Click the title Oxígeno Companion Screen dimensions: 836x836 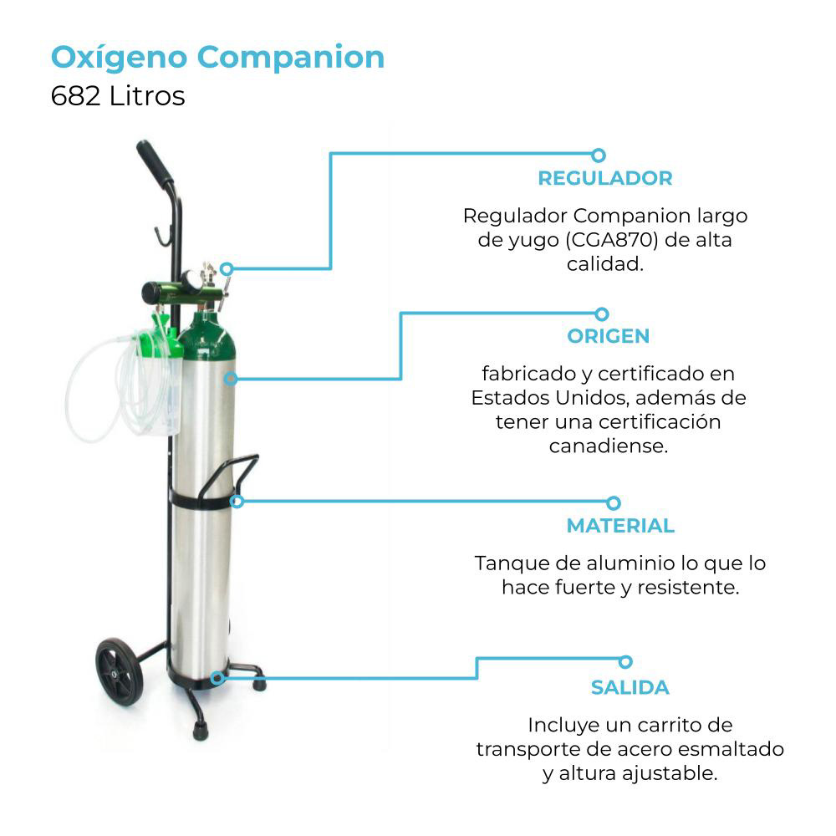click(x=217, y=58)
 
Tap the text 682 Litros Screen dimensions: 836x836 click(x=117, y=96)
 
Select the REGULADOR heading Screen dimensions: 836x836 click(x=604, y=178)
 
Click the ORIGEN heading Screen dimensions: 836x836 click(x=608, y=336)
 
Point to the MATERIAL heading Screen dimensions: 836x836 click(x=619, y=526)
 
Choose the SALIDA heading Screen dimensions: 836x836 click(x=630, y=688)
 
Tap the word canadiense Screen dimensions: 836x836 click(x=609, y=446)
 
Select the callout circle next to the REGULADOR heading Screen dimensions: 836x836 click(x=598, y=155)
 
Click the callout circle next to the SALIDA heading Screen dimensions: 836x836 click(x=624, y=661)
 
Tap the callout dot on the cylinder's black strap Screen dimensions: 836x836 click(x=237, y=502)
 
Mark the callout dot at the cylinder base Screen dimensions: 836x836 click(x=217, y=677)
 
